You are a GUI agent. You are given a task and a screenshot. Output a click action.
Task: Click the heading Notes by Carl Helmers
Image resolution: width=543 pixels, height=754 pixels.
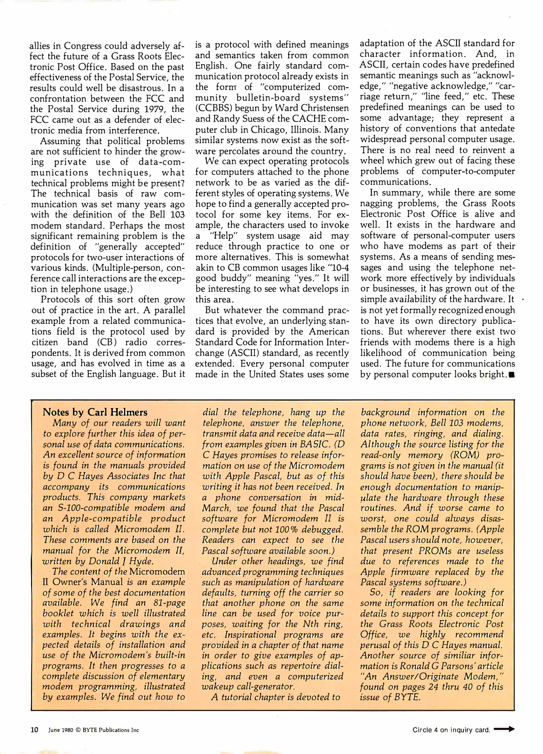95,412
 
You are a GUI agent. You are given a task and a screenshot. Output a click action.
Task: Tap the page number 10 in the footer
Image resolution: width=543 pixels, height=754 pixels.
35,730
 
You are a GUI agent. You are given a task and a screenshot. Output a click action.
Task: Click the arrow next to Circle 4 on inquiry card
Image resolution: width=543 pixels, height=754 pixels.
505,729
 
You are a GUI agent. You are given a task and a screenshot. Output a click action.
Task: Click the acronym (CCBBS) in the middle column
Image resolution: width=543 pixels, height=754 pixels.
212,108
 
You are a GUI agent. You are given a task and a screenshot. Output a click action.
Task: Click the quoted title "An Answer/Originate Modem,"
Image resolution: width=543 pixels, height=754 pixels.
432,676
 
